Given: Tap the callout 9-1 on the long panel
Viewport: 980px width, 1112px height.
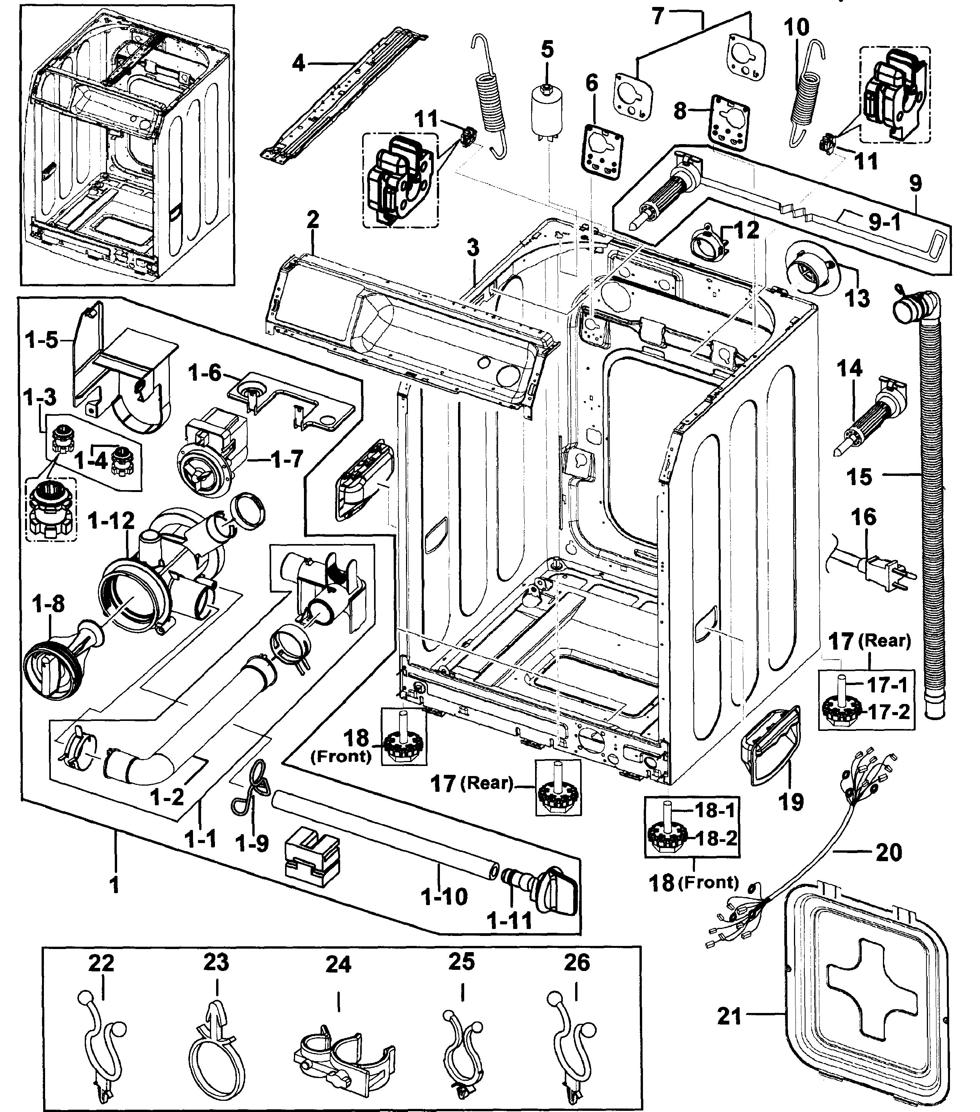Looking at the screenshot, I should click(884, 222).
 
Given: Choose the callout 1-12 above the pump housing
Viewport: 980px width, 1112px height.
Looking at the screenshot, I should click(111, 521).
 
